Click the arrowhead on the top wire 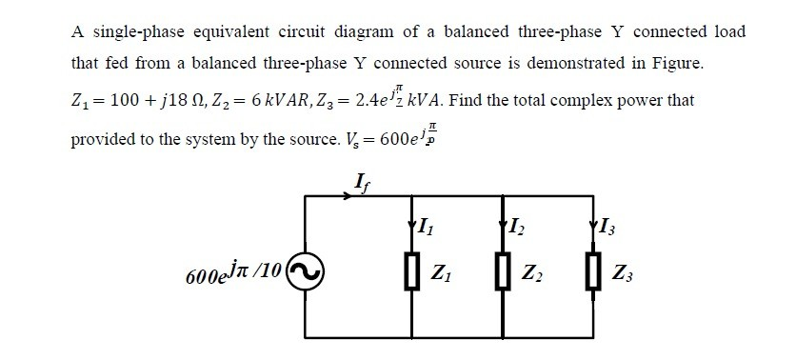(x=349, y=197)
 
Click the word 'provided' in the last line (x=107, y=137)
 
